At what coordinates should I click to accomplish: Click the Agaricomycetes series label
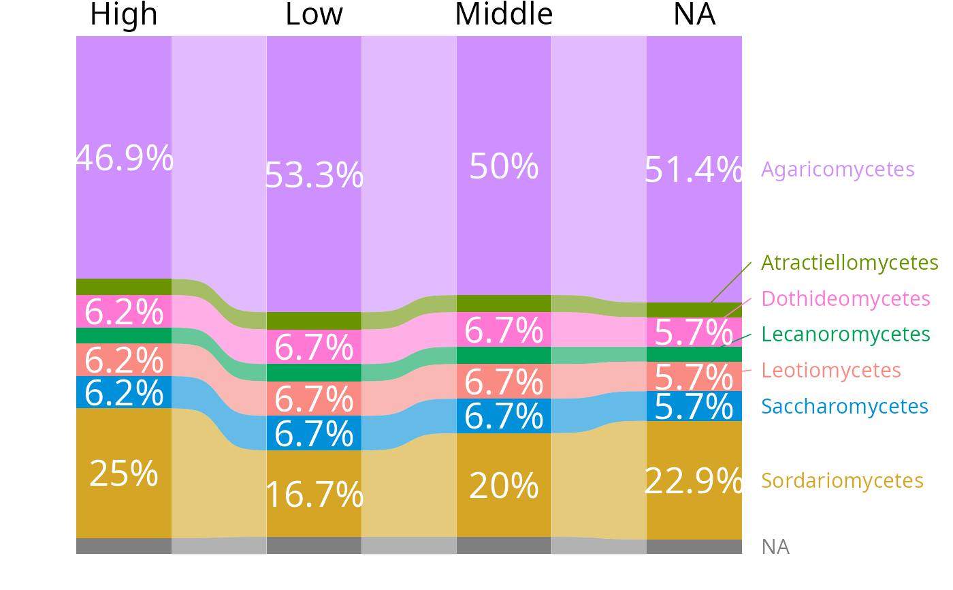837,169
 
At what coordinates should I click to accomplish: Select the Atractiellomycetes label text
850,262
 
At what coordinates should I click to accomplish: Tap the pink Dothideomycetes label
845,298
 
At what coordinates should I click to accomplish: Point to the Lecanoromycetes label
845,335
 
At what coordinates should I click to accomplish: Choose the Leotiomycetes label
830,370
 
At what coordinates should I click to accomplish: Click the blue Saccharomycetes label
844,406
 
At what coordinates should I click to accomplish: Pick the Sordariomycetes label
842,480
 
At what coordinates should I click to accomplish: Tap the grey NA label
775,546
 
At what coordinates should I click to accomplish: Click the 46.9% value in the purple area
124,159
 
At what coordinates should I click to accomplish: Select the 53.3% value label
314,175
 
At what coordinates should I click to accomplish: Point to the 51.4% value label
693,170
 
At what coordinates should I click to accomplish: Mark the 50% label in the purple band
504,166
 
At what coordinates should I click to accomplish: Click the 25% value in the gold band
124,473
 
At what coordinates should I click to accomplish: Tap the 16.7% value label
314,495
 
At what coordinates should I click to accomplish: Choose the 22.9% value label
693,482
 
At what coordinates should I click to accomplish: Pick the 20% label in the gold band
504,486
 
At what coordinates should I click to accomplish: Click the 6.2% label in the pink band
124,313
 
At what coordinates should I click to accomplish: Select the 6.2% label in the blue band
124,393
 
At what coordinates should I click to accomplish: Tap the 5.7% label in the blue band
693,407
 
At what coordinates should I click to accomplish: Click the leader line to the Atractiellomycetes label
732,281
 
